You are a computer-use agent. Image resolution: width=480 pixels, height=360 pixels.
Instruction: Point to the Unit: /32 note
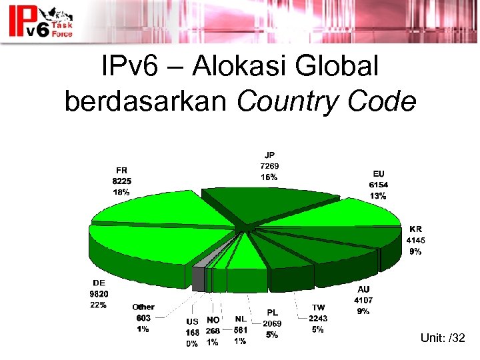pyautogui.click(x=443, y=339)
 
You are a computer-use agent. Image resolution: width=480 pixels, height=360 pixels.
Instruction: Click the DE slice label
pyautogui.click(x=99, y=283)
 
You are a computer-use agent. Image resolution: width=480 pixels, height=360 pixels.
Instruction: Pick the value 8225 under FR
pyautogui.click(x=121, y=181)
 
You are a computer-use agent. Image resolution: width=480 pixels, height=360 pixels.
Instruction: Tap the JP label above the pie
pyautogui.click(x=269, y=155)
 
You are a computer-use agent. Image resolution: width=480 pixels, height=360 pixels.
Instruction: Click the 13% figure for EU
pyautogui.click(x=378, y=196)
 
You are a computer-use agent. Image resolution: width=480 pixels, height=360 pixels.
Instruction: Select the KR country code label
pyautogui.click(x=415, y=229)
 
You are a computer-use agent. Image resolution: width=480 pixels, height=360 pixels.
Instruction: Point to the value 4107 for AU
pyautogui.click(x=363, y=300)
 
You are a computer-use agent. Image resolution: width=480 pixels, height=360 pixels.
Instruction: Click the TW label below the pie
pyautogui.click(x=318, y=307)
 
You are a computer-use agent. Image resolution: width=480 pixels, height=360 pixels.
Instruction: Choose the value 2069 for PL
pyautogui.click(x=272, y=323)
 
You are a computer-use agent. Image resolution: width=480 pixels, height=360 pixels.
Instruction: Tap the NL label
pyautogui.click(x=241, y=319)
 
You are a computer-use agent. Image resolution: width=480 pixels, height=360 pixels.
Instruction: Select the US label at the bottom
pyautogui.click(x=192, y=321)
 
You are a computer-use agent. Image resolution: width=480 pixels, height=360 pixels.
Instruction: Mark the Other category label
pyautogui.click(x=143, y=307)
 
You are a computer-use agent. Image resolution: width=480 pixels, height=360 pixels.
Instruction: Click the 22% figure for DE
pyautogui.click(x=99, y=305)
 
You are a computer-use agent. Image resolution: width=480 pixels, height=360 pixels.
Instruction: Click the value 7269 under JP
pyautogui.click(x=269, y=166)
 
